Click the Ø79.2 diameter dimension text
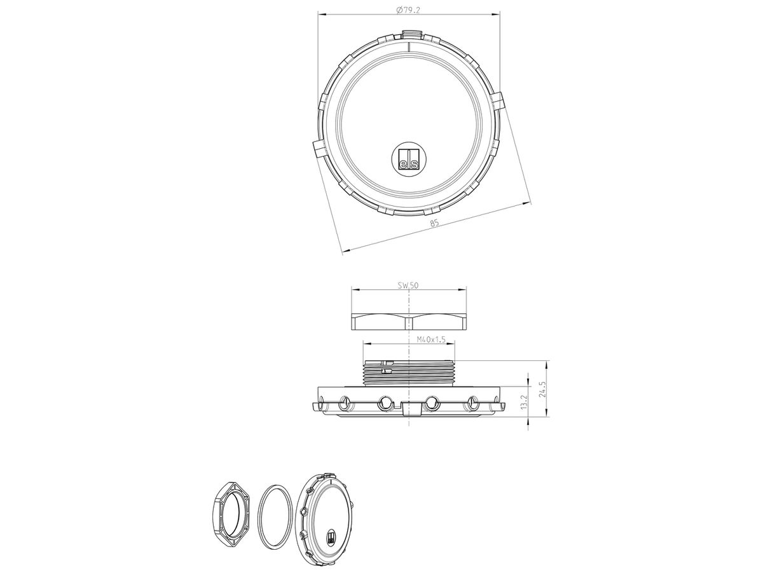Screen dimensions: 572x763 click(408, 9)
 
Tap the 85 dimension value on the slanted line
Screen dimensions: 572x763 click(434, 223)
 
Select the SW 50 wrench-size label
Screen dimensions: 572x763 click(408, 285)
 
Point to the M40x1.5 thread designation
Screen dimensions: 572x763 click(409, 339)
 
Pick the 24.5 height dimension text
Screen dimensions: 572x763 click(542, 390)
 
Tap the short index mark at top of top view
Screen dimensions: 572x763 click(409, 45)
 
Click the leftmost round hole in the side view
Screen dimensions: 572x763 click(345, 402)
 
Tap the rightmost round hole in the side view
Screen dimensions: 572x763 click(472, 402)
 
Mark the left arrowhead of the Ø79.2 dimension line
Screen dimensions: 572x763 click(320, 14)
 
